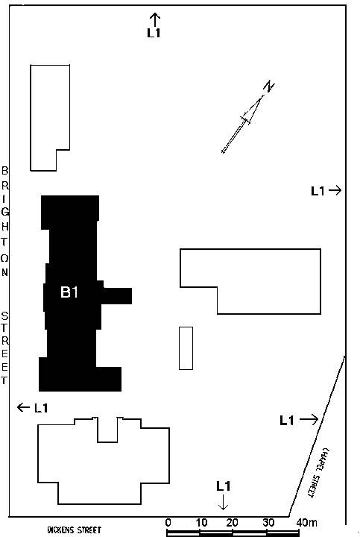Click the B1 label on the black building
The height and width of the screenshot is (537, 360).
tap(69, 292)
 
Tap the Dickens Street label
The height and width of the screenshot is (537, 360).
tap(75, 530)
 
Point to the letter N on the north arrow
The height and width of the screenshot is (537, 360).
tap(270, 87)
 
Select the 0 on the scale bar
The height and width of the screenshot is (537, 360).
tap(168, 523)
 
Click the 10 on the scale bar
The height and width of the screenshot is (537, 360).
tap(201, 523)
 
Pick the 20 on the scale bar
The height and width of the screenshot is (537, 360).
tap(232, 523)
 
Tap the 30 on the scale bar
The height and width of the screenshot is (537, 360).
tap(268, 523)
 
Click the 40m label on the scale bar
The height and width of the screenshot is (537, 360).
tap(306, 523)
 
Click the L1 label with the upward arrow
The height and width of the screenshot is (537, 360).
tap(154, 33)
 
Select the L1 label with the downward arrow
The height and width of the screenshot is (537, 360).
tap(223, 486)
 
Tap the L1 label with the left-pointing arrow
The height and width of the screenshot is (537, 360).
tap(41, 408)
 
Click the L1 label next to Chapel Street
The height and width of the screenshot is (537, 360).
tap(287, 420)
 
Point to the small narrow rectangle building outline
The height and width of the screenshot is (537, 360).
tap(186, 348)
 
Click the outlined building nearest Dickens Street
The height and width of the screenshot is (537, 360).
tap(104, 460)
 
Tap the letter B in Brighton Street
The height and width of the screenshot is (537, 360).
tap(4, 170)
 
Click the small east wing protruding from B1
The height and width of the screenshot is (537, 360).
tap(117, 296)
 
